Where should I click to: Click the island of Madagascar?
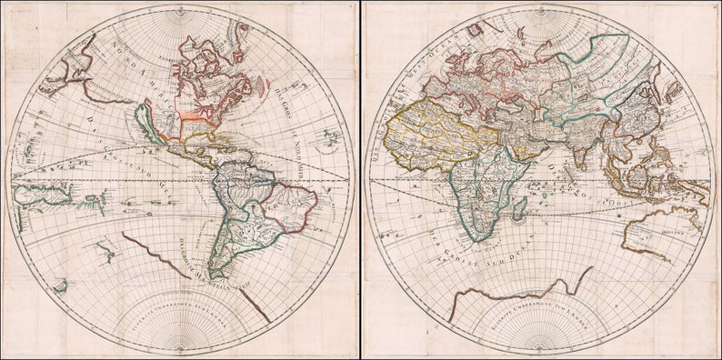(x=519, y=210)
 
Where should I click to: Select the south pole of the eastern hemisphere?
(x=541, y=351)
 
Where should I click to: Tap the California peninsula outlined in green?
(x=145, y=123)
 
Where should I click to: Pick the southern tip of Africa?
(x=477, y=238)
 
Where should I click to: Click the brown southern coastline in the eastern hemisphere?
(x=518, y=293)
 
